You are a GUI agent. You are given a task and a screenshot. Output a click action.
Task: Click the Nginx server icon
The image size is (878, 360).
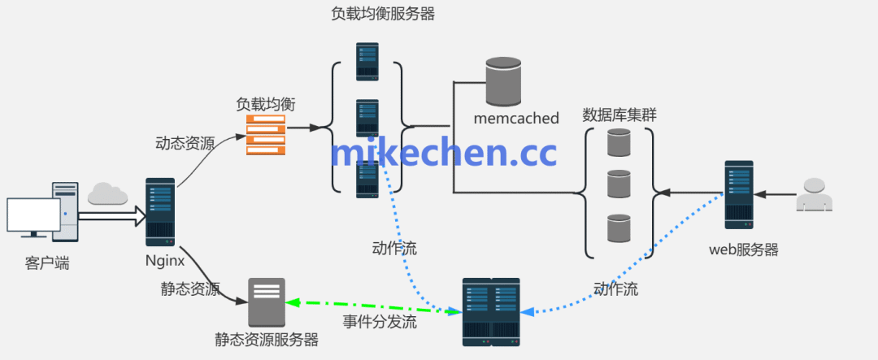click(x=159, y=212)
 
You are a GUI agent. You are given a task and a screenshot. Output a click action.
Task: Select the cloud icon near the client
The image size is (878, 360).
click(x=107, y=193)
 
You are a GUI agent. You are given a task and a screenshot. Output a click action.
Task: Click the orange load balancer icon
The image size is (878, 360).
click(x=266, y=135)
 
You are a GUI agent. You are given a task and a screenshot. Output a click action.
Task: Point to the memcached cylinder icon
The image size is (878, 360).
click(x=503, y=82)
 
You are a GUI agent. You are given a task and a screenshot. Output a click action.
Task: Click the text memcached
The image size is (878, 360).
click(x=516, y=119)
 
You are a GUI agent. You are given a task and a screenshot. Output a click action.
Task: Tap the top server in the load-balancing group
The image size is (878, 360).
click(x=367, y=62)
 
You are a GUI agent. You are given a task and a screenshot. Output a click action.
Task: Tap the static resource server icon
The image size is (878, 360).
click(x=267, y=302)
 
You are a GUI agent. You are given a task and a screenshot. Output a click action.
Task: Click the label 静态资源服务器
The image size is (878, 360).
click(x=267, y=340)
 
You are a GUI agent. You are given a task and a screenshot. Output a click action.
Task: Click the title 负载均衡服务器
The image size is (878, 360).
click(x=382, y=14)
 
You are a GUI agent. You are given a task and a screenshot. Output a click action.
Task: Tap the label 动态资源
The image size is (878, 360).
click(x=185, y=144)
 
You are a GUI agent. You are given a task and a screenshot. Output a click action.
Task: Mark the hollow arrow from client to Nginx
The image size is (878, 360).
click(x=110, y=217)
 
